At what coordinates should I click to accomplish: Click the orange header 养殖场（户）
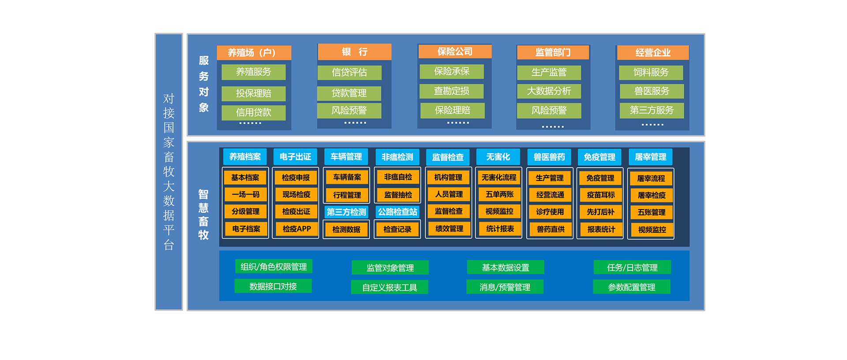(x=254, y=53)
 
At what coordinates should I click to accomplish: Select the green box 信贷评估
(x=349, y=72)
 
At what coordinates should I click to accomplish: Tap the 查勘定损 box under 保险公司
(x=452, y=91)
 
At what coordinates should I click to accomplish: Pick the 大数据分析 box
(x=549, y=91)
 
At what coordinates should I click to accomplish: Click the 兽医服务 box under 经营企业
(x=652, y=91)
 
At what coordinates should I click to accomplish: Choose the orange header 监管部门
(x=553, y=52)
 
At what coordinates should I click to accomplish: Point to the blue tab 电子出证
(x=295, y=157)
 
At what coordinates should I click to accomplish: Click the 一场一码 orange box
(x=246, y=195)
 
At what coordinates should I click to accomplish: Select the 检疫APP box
(x=296, y=229)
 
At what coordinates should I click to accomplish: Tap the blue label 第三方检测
(x=346, y=212)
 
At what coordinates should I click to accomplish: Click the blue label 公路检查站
(x=397, y=212)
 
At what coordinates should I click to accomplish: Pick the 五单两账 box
(x=499, y=195)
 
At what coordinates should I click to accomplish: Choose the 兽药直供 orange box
(x=550, y=229)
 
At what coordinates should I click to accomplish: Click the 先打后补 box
(x=600, y=212)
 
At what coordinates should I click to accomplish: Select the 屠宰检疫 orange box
(x=652, y=195)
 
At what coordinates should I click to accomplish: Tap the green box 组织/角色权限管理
(x=274, y=266)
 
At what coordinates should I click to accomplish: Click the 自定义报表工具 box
(x=390, y=288)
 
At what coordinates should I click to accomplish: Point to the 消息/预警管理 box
(x=505, y=287)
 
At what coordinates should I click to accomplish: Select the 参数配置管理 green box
(x=631, y=287)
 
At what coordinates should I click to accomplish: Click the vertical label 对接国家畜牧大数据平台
(x=169, y=172)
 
